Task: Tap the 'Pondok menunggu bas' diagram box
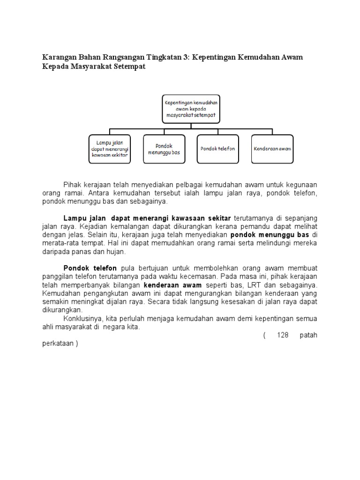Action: coord(164,149)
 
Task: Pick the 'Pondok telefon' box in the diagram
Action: coord(217,149)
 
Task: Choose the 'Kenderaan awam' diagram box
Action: coord(272,149)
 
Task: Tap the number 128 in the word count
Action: coord(283,335)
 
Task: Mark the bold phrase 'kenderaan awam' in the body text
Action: coord(172,285)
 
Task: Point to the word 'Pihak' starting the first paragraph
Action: coord(72,184)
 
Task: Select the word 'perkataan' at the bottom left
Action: coord(57,344)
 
